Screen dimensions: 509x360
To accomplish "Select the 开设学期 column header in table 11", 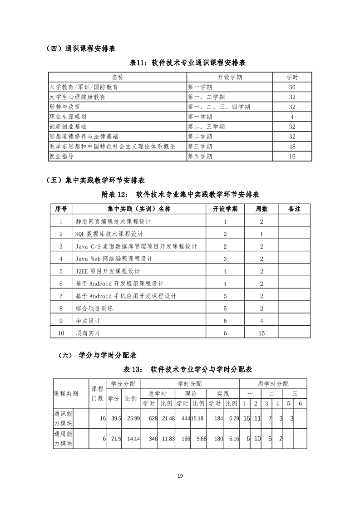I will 230,77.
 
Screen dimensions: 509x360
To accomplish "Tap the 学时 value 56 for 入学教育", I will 292,87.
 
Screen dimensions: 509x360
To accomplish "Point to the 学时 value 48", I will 292,147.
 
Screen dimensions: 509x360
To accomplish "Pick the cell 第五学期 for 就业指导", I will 200,156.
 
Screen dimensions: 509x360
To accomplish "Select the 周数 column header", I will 261,209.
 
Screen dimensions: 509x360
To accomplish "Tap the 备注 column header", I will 294,209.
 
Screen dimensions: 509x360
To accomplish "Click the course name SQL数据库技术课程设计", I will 109,234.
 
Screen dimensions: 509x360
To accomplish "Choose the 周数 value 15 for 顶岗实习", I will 261,333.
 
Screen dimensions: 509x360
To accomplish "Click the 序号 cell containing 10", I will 61,333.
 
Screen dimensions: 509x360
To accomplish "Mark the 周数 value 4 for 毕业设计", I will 261,321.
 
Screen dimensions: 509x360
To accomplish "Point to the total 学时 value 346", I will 153,439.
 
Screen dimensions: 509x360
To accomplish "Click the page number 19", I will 180,476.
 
